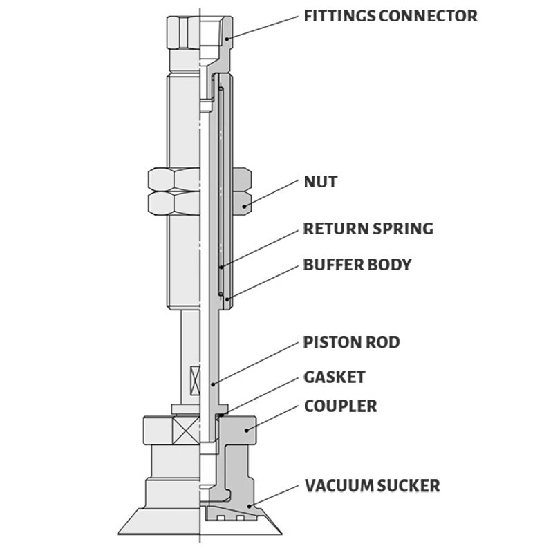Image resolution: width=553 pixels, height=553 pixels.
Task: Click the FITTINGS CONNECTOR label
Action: pyautogui.click(x=391, y=16)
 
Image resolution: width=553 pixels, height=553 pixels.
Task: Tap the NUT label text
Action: pyautogui.click(x=321, y=182)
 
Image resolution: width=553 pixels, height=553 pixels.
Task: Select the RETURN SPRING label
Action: pyautogui.click(x=368, y=229)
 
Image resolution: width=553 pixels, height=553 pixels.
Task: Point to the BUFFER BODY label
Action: pyautogui.click(x=357, y=265)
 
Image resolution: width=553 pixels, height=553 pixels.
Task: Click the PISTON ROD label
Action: pyautogui.click(x=351, y=342)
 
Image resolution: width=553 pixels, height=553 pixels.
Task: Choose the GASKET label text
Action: pyautogui.click(x=335, y=377)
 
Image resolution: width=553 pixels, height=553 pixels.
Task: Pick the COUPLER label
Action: pyautogui.click(x=340, y=406)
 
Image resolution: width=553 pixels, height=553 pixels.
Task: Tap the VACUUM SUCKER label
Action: pyautogui.click(x=373, y=486)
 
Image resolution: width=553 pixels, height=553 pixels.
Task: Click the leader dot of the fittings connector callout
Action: pyautogui.click(x=227, y=39)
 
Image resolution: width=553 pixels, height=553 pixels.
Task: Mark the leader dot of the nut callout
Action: pyautogui.click(x=244, y=206)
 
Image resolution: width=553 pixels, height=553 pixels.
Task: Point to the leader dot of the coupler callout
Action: pyautogui.click(x=247, y=430)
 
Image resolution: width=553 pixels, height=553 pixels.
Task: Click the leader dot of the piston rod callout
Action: pyautogui.click(x=213, y=384)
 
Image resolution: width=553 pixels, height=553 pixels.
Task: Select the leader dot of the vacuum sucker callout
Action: pyautogui.click(x=250, y=507)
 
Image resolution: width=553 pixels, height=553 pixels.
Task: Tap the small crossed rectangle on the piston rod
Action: pyautogui.click(x=195, y=380)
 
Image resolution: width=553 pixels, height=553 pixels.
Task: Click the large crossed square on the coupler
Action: pyautogui.click(x=186, y=430)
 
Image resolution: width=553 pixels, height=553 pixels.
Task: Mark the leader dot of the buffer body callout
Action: pyautogui.click(x=227, y=299)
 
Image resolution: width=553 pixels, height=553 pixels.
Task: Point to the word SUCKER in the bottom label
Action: pyautogui.click(x=409, y=486)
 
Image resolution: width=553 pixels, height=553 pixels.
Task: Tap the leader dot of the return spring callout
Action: pyautogui.click(x=221, y=268)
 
